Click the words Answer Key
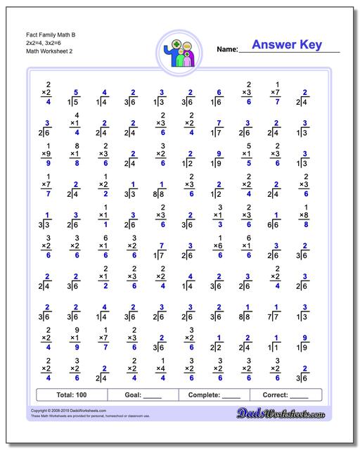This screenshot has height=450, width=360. point(286,45)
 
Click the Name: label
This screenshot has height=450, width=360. point(226,49)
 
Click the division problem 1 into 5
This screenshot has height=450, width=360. point(74,99)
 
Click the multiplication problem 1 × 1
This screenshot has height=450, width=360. point(104,215)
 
